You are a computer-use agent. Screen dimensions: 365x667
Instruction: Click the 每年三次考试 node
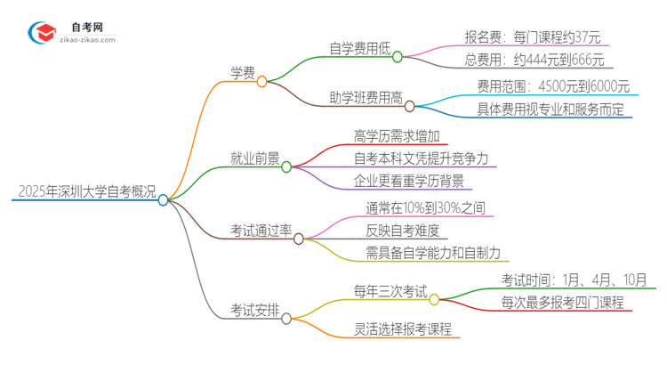point(390,290)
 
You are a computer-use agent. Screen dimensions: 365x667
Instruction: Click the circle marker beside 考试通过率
point(299,239)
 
